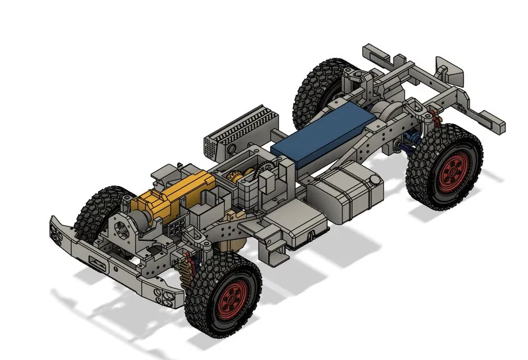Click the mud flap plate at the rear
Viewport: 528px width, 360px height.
coord(450,69)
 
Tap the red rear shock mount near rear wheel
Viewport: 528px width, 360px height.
coord(435,118)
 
